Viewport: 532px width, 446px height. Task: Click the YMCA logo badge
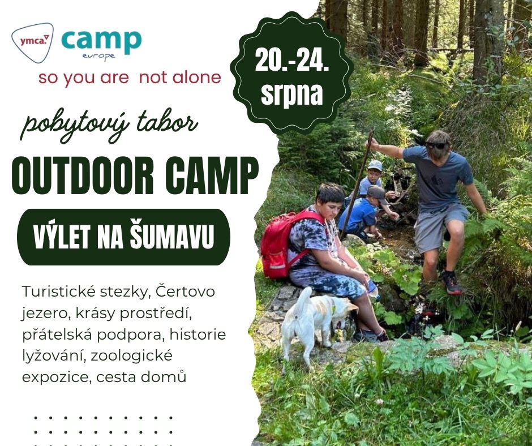[33, 42]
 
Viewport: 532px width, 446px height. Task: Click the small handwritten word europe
[98, 57]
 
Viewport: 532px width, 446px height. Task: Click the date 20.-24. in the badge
[292, 61]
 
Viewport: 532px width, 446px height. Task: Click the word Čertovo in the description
[185, 291]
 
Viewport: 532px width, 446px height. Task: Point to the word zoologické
[132, 357]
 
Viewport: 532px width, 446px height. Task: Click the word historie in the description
[198, 334]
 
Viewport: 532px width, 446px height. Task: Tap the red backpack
[284, 244]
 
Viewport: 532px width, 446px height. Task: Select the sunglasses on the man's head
[436, 145]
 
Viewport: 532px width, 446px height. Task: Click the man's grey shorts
[440, 227]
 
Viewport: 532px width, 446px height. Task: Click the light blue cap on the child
[375, 166]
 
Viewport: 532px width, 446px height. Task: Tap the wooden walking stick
[356, 185]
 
